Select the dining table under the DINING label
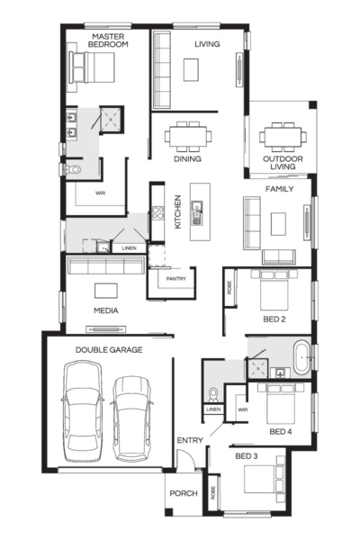pyautogui.click(x=188, y=136)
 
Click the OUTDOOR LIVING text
pyautogui.click(x=283, y=163)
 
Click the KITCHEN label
pyautogui.click(x=178, y=211)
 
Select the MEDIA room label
pyautogui.click(x=106, y=310)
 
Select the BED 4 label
pyautogui.click(x=281, y=432)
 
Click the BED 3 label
pyautogui.click(x=247, y=456)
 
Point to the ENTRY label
pyautogui.click(x=190, y=439)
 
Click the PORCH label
pyautogui.click(x=184, y=494)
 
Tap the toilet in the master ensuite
pyautogui.click(x=72, y=168)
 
